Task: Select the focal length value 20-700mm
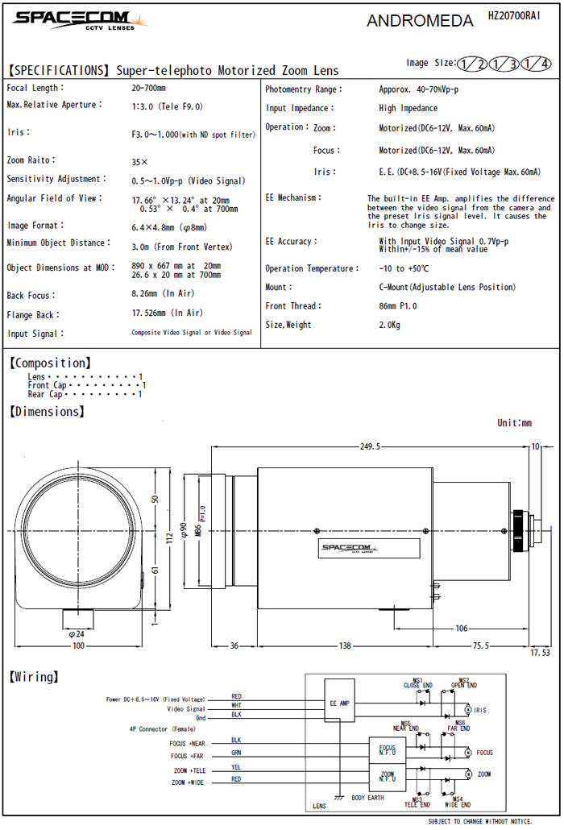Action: pyautogui.click(x=149, y=88)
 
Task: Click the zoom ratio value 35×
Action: pyautogui.click(x=139, y=161)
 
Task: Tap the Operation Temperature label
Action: pyautogui.click(x=310, y=268)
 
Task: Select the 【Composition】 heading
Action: pyautogui.click(x=49, y=363)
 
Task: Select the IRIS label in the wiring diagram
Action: pyautogui.click(x=481, y=710)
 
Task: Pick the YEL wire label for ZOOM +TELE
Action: pyautogui.click(x=236, y=767)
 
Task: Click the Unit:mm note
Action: pyautogui.click(x=514, y=422)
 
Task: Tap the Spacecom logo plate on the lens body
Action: pyautogui.click(x=356, y=549)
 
